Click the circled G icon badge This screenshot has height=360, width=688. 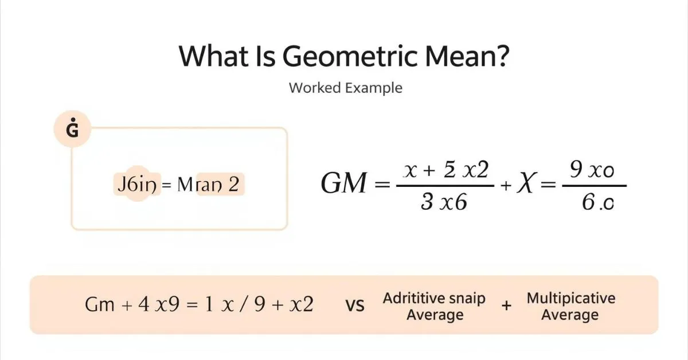click(x=72, y=130)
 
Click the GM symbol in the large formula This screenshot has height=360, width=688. click(x=343, y=185)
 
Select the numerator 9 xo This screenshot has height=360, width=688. click(x=593, y=171)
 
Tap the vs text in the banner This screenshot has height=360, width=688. click(x=355, y=306)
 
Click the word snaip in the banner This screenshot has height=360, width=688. click(x=467, y=298)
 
